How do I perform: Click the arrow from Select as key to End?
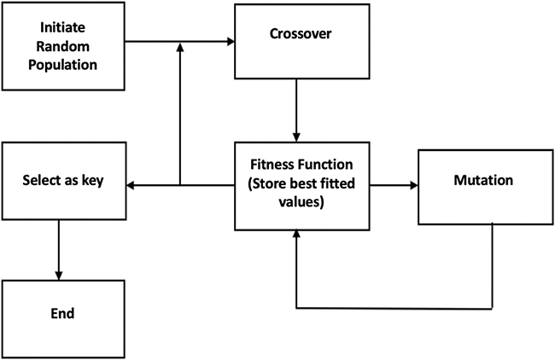[x=58, y=247]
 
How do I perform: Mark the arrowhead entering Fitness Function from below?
[x=296, y=235]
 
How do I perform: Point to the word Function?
[x=323, y=163]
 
